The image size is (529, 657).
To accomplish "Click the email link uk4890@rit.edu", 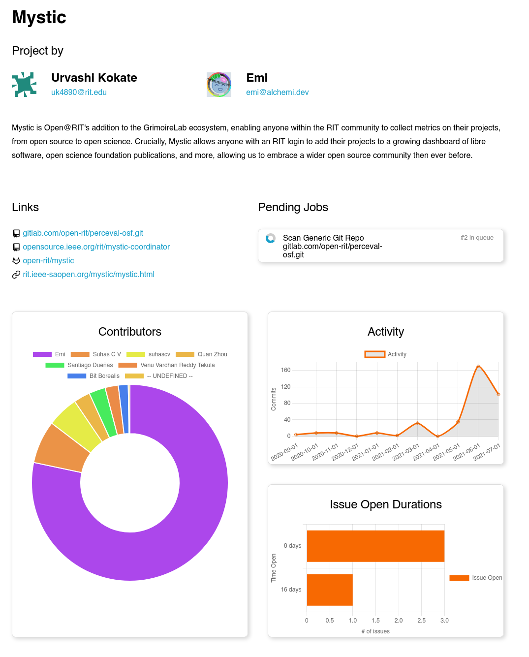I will coord(79,92).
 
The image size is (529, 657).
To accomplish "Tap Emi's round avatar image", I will coord(219,85).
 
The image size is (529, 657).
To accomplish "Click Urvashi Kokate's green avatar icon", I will coord(24,85).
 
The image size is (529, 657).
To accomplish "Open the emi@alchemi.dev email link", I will coord(277,92).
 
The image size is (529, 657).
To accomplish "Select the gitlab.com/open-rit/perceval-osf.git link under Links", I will coord(83,233).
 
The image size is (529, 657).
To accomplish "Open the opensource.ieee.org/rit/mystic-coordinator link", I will coord(96,247).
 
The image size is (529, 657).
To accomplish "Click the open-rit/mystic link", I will coord(48,260).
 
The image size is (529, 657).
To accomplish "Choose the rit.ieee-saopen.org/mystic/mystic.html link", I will coord(89,274).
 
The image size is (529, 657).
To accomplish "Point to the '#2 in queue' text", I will coord(476,237).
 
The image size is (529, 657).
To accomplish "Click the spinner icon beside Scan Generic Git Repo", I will coord(271,238).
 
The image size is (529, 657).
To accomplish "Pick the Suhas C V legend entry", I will coord(96,354).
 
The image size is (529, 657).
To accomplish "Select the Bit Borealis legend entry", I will coord(93,376).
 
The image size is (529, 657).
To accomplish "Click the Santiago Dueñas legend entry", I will coord(79,365).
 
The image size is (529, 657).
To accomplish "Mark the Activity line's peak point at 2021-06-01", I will coord(478,366).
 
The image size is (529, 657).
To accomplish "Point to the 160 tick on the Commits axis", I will coord(285,370).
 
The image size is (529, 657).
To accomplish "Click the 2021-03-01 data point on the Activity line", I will coord(417,423).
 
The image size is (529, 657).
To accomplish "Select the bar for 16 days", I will coord(330,590).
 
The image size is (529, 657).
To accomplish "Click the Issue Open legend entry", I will coord(476,578).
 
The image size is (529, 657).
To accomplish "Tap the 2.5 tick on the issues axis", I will coord(421,621).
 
